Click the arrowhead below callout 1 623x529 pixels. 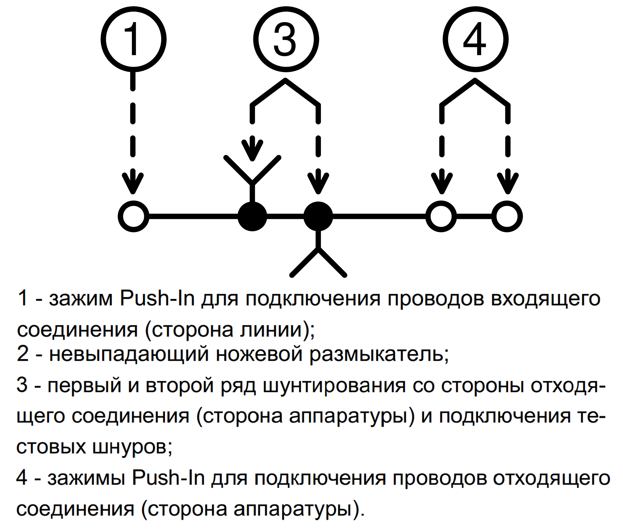[133, 183]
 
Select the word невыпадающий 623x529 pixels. [129, 354]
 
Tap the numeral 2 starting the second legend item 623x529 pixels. [23, 354]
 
